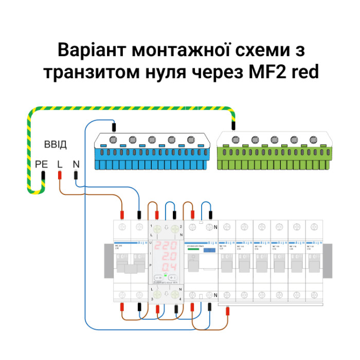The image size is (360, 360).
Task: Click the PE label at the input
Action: (x=41, y=165)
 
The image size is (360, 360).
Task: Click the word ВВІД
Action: (x=56, y=144)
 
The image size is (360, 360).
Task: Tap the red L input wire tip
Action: (x=60, y=175)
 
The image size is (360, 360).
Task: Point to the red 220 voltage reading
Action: (x=167, y=245)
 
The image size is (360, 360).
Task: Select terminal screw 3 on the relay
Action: (x=158, y=295)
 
